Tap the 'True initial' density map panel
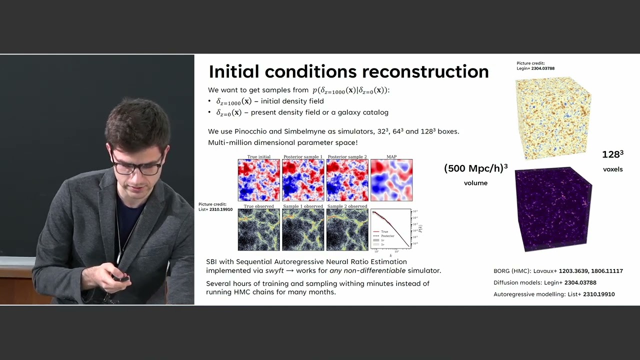[258, 180]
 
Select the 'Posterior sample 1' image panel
[303, 180]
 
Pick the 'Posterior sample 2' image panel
[347, 180]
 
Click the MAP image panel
[391, 180]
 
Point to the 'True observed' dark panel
[258, 229]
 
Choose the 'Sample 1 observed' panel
[303, 229]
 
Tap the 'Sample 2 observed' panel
[347, 229]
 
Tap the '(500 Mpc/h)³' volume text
[475, 168]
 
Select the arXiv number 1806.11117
[606, 271]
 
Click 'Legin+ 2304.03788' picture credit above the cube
[535, 68]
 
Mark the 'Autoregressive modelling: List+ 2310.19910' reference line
[554, 294]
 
